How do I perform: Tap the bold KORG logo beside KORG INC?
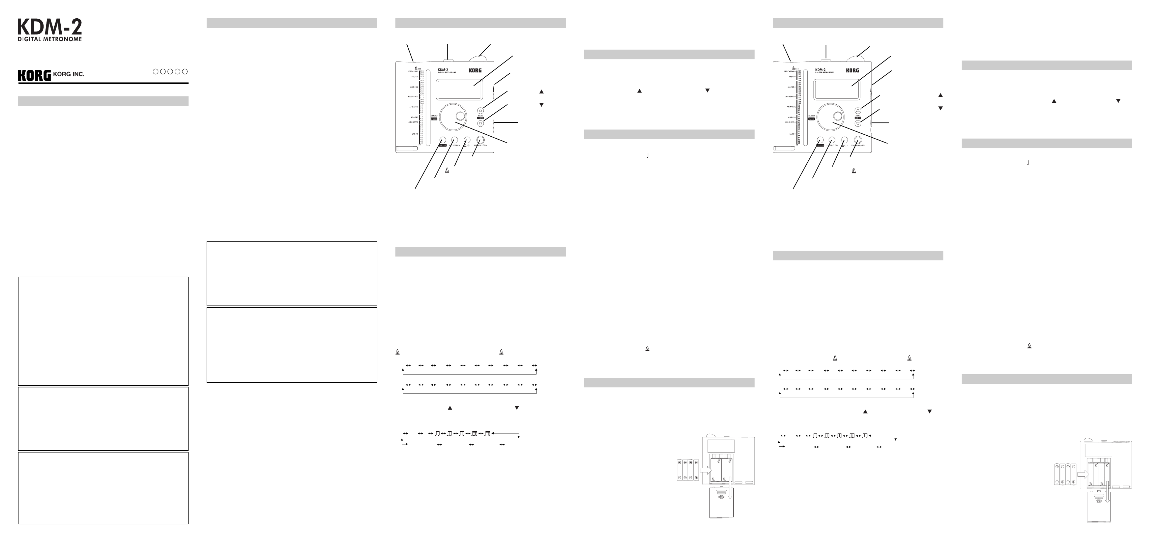click(x=34, y=76)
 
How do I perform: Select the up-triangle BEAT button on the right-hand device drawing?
click(x=857, y=110)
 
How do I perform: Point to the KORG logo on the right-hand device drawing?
click(x=852, y=70)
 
